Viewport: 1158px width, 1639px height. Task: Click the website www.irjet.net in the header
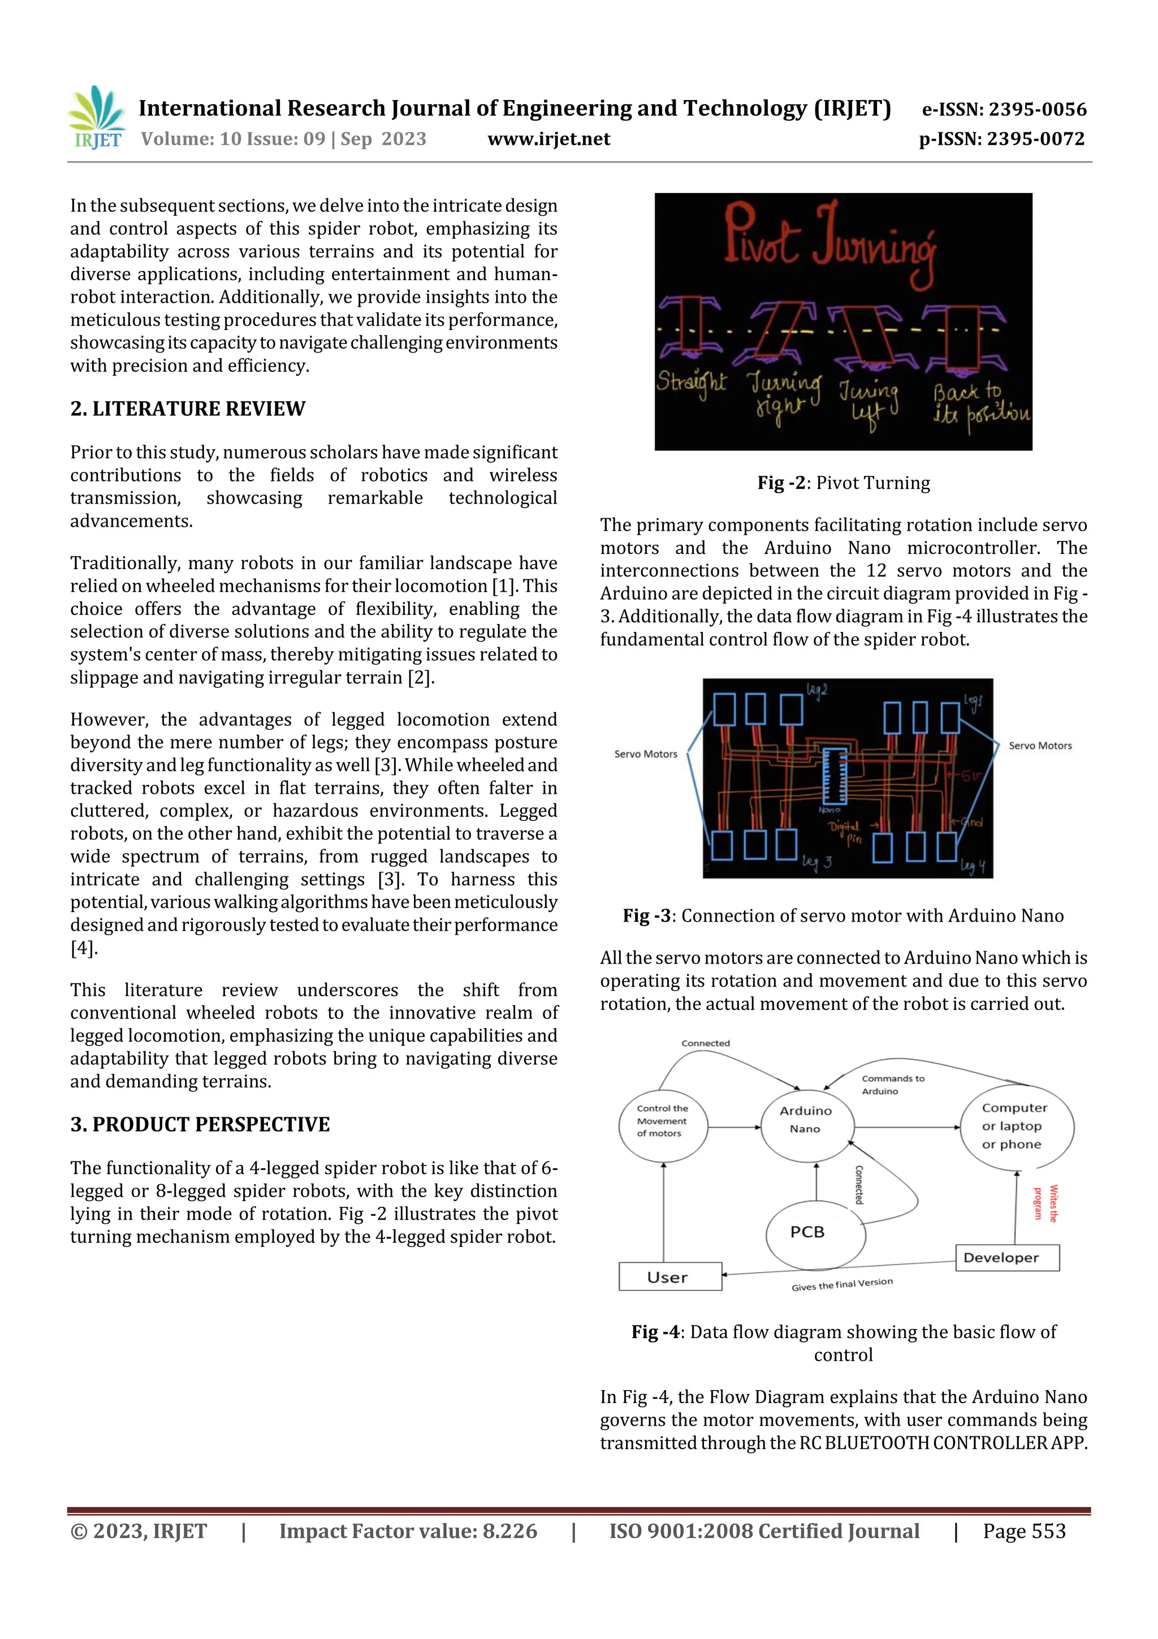(548, 139)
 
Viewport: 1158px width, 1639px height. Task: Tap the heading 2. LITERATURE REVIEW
(188, 408)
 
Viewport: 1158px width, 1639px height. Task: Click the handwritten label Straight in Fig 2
(690, 382)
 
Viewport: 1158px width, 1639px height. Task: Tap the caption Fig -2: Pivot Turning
(844, 483)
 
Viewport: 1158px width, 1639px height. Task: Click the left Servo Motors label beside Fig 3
(645, 754)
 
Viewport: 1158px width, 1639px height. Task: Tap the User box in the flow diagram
(670, 1277)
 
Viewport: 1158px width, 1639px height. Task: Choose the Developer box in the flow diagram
(1006, 1257)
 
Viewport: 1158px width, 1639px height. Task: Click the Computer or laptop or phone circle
(1016, 1126)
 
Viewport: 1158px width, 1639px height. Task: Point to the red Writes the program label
(1045, 1203)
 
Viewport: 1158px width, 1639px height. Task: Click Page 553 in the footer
(1024, 1531)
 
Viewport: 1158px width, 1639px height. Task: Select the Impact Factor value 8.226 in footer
(408, 1531)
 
